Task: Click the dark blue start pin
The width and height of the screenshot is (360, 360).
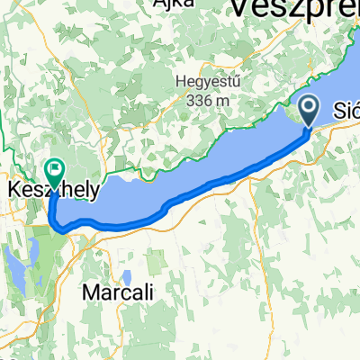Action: (x=309, y=112)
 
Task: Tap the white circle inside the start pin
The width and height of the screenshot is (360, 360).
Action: (x=309, y=109)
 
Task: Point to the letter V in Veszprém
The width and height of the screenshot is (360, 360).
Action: (x=240, y=9)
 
